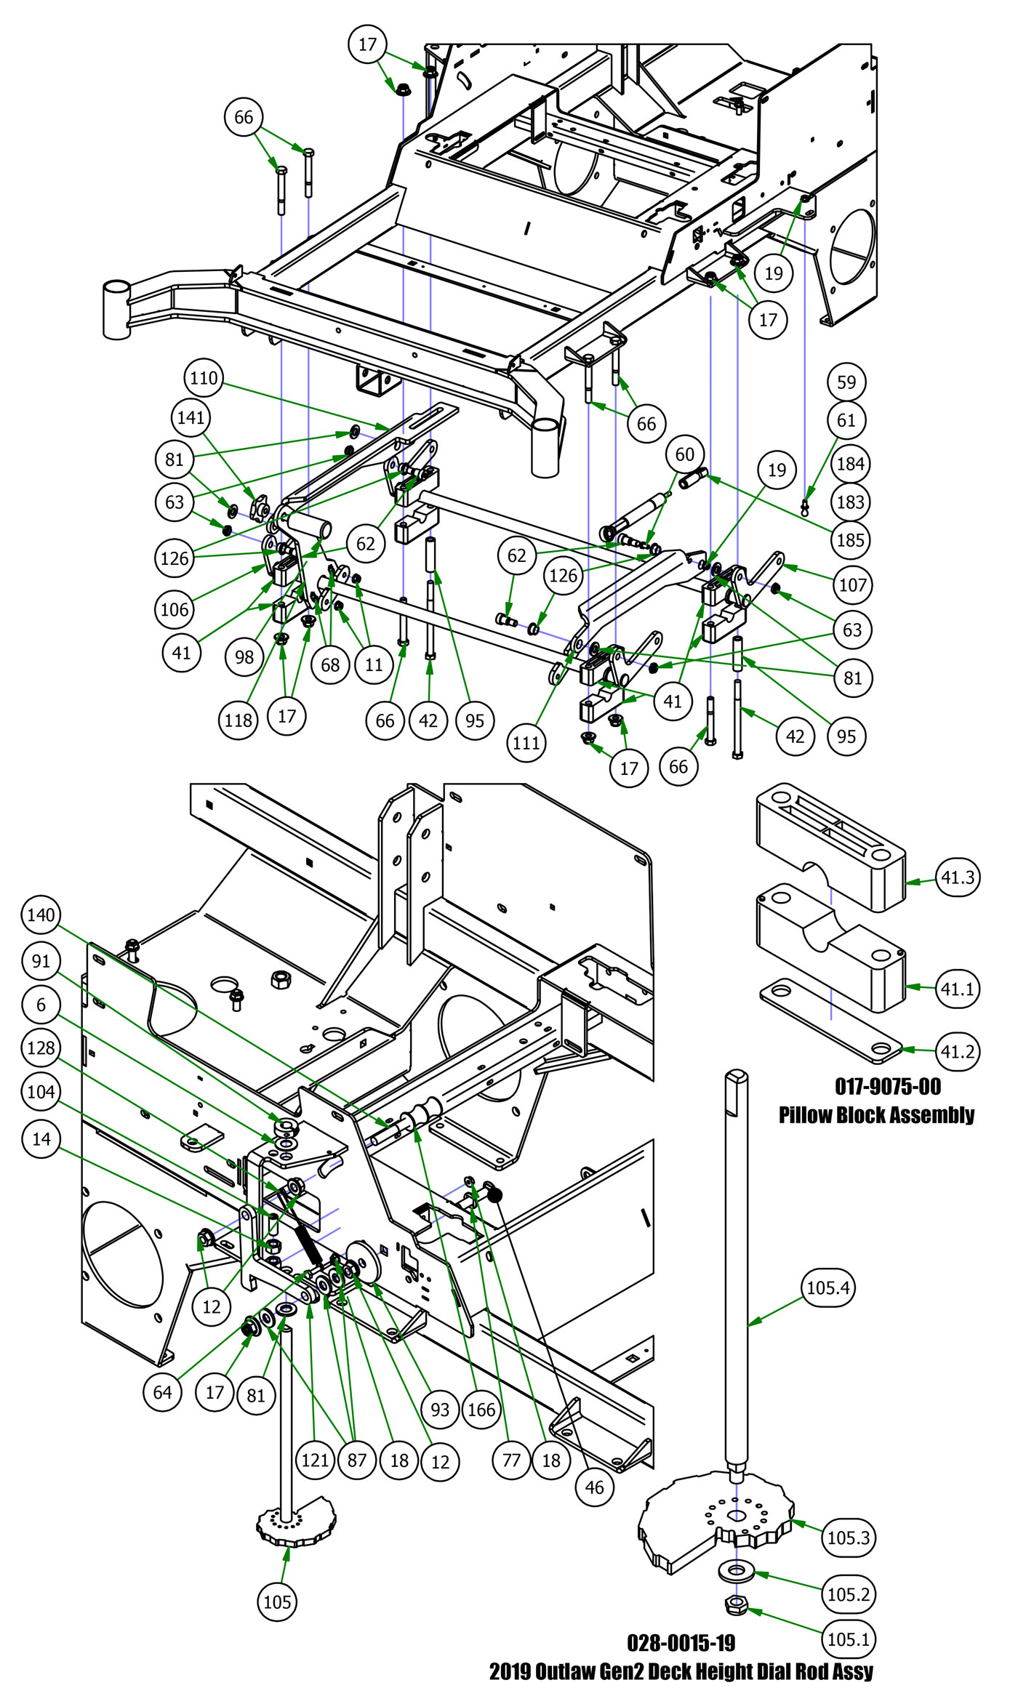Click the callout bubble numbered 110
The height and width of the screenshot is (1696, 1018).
coord(204,378)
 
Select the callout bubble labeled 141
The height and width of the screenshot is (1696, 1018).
coord(191,417)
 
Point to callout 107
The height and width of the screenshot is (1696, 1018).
coord(853,584)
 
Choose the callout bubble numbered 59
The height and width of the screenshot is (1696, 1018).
coord(846,382)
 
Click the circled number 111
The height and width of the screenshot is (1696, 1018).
coord(526,743)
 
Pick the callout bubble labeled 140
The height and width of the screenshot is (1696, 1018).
coord(41,915)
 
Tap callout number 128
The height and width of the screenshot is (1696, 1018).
coord(41,1048)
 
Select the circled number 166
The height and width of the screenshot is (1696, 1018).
coord(481,1410)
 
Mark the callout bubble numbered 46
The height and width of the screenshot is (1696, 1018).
coord(594,1487)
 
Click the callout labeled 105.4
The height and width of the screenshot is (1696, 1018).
coord(828,1288)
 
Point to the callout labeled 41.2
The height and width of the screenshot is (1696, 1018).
coord(958,1051)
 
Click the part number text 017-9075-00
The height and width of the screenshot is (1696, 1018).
coord(888,1087)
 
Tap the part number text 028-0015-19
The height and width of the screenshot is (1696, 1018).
coord(681,1643)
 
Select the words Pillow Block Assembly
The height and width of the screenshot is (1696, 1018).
coord(876,1114)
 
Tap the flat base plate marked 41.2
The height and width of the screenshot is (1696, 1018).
coord(829,1021)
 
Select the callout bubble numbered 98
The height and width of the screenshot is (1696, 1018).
coord(244,656)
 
